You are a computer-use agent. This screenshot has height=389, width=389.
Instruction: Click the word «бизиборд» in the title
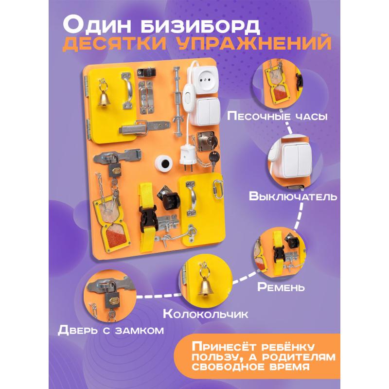tap(200, 26)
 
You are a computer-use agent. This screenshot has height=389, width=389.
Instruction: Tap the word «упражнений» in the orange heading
tap(255, 43)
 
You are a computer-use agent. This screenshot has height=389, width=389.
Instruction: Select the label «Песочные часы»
tap(278, 116)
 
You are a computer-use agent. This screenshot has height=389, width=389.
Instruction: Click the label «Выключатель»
tap(293, 196)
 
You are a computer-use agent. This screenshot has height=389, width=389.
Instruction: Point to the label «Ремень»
tap(281, 287)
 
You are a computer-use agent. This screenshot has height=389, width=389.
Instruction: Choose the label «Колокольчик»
tap(205, 314)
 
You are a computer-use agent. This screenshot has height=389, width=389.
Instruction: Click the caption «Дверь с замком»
tap(111, 330)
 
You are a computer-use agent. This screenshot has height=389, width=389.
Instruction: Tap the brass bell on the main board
tap(104, 99)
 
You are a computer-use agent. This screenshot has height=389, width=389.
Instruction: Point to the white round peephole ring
tap(164, 163)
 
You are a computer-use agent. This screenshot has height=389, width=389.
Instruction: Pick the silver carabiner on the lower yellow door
tap(217, 189)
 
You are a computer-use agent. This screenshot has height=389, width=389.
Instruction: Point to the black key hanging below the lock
tap(214, 159)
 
